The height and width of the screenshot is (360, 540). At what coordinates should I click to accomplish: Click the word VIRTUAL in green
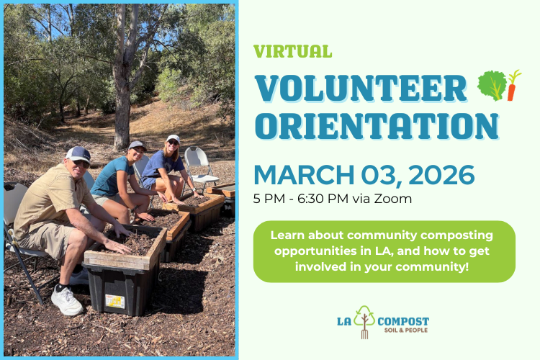(x=292, y=52)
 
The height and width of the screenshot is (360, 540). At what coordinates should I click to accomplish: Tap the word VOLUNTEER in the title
(x=361, y=87)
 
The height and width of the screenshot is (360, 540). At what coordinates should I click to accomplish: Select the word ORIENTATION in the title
(x=377, y=125)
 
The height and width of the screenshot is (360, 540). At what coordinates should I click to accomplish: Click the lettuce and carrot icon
(x=499, y=85)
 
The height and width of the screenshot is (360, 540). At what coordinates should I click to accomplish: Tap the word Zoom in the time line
(x=395, y=199)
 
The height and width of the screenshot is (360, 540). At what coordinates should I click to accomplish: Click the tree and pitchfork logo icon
(x=365, y=322)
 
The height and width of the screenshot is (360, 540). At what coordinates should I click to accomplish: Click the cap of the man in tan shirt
(x=79, y=153)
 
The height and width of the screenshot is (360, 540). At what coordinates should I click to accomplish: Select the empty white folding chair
(x=198, y=164)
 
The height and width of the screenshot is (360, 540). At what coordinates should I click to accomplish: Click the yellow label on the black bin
(x=114, y=302)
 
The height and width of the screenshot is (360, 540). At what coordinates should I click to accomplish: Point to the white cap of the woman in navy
(x=173, y=138)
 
